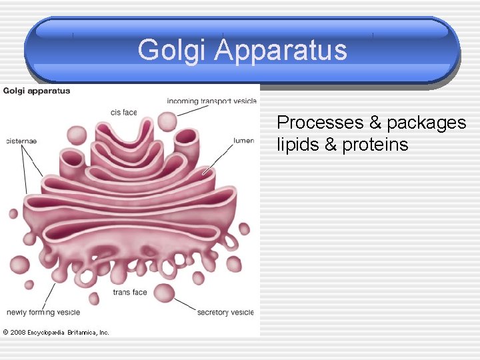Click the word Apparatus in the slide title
pyautogui.click(x=280, y=50)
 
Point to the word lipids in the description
pyautogui.click(x=298, y=145)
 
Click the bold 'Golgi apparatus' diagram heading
pyautogui.click(x=37, y=91)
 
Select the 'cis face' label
pyautogui.click(x=124, y=112)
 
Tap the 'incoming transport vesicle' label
pyautogui.click(x=211, y=101)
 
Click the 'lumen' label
pyautogui.click(x=243, y=141)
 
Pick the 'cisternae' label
pyautogui.click(x=21, y=141)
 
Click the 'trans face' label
pyautogui.click(x=129, y=292)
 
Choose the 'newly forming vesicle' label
pyautogui.click(x=43, y=312)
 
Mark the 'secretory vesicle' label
pyautogui.click(x=225, y=312)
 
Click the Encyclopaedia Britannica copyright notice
pyautogui.click(x=56, y=332)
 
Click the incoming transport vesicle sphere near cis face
pyautogui.click(x=167, y=121)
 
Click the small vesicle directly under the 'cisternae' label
pyautogui.click(x=13, y=214)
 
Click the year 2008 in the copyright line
pyautogui.click(x=18, y=332)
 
